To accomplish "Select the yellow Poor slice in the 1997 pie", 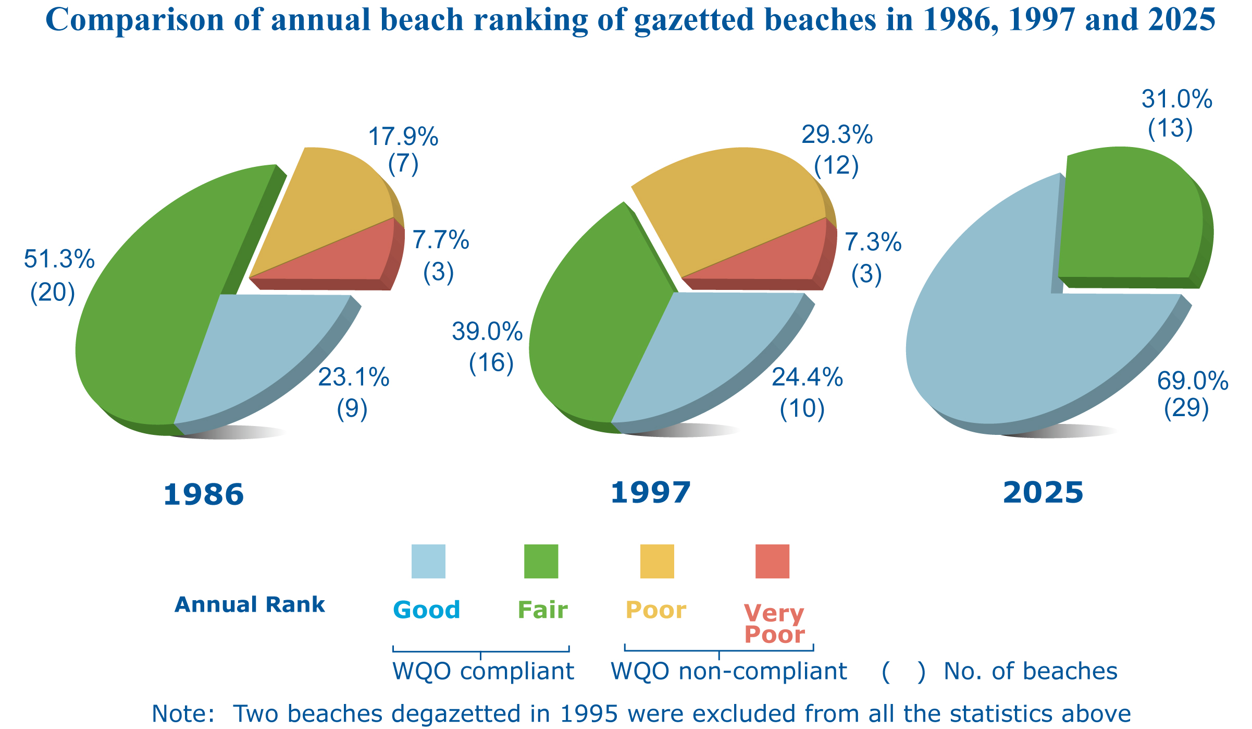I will [735, 203].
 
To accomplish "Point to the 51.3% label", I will [59, 259].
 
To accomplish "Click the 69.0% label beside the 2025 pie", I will [1193, 381].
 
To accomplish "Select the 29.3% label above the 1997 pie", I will [837, 135].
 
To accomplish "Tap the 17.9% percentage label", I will [403, 137].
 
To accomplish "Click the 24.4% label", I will [807, 378].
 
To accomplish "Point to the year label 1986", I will [203, 494].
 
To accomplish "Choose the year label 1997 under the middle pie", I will [650, 493].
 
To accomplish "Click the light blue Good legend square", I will [428, 562].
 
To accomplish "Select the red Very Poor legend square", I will [772, 562].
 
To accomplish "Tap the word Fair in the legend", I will [542, 610].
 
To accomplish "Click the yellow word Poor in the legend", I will [655, 610].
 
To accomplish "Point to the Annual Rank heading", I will [250, 605].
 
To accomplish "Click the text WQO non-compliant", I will [728, 672].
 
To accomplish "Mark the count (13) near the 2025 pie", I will [1170, 128].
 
